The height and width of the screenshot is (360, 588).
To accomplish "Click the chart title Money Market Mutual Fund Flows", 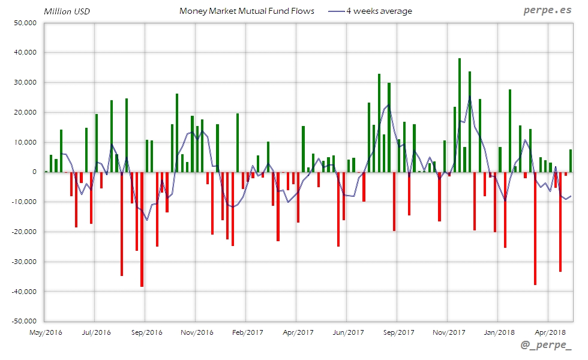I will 247,11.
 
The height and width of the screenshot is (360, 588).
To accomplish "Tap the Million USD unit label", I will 67,11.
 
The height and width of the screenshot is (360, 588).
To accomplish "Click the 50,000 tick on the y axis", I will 25,23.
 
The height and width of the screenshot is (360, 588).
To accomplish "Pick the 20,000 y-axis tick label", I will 25,112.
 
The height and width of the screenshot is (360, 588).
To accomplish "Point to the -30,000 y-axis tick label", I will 23,262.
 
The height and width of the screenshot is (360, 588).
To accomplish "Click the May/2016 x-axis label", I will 45,332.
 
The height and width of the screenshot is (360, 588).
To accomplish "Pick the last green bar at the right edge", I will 571,161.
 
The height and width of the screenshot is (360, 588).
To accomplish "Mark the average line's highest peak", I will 469,97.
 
